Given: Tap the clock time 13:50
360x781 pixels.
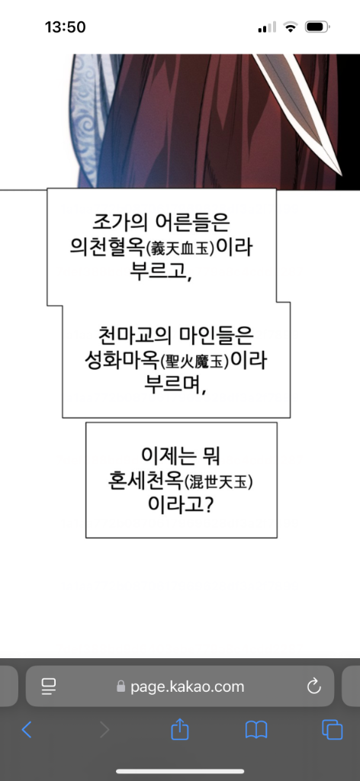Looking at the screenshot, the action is click(66, 27).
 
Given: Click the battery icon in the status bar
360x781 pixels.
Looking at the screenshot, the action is click(317, 27).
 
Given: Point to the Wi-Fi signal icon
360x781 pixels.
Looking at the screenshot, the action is click(290, 27).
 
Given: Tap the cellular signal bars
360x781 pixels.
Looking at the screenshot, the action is click(267, 27).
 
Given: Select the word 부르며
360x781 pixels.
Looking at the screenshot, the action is click(174, 387).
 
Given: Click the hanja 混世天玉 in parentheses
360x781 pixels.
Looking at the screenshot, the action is click(215, 482).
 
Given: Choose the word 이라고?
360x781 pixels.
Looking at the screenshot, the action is click(182, 506).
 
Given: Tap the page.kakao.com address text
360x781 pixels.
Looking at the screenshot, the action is click(187, 687).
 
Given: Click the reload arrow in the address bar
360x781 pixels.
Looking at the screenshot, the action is click(314, 686).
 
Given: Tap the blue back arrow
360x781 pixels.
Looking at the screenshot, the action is click(27, 730).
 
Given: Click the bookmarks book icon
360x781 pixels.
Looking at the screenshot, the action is click(256, 730).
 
